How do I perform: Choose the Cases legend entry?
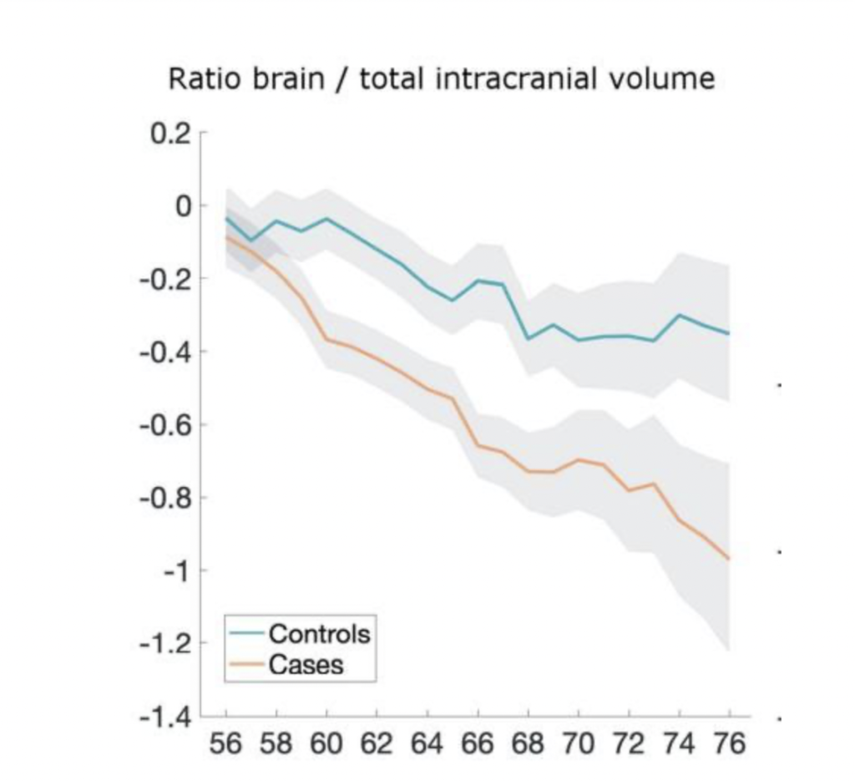(x=306, y=664)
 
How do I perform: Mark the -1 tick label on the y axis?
(x=176, y=571)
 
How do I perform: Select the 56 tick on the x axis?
(x=226, y=743)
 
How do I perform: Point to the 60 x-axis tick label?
(x=326, y=743)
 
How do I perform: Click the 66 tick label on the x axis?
(x=478, y=743)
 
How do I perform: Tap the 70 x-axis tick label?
(x=578, y=743)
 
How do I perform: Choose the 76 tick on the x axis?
(x=729, y=743)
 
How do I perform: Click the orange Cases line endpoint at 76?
(x=729, y=559)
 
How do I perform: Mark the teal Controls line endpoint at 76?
(x=729, y=333)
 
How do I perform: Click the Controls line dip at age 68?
(x=528, y=338)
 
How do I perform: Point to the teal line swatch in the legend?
(x=247, y=633)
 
